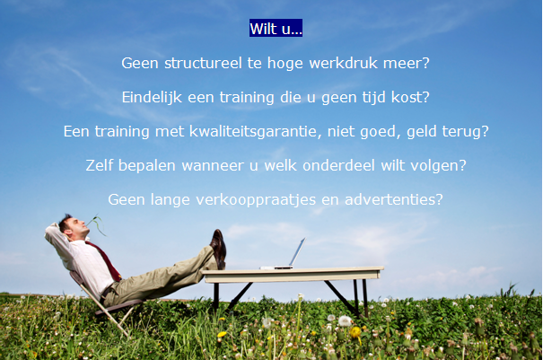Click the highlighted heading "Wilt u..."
pyautogui.click(x=276, y=28)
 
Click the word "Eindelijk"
pyautogui.click(x=152, y=97)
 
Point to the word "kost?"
pyautogui.click(x=410, y=97)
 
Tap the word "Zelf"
pyautogui.click(x=99, y=165)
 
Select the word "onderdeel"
pyautogui.click(x=338, y=165)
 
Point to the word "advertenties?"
pyautogui.click(x=394, y=199)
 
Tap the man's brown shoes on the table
pyautogui.click(x=218, y=249)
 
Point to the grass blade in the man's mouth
pyautogui.click(x=97, y=224)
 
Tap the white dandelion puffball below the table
pyautogui.click(x=345, y=320)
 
